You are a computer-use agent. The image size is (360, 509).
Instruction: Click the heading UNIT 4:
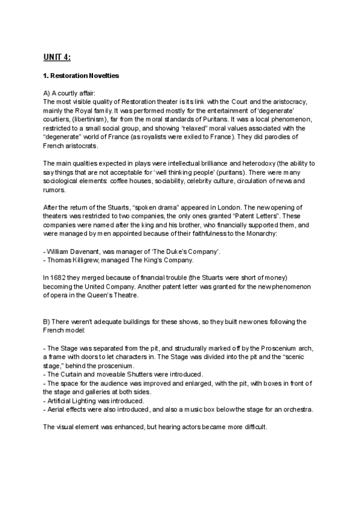point(57,57)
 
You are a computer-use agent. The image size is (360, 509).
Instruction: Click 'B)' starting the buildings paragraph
point(48,322)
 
